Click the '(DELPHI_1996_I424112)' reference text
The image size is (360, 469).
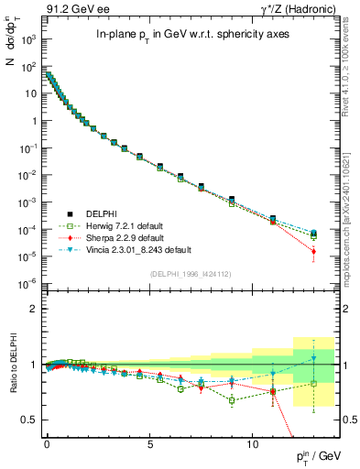click(x=180, y=272)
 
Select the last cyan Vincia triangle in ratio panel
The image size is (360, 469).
click(x=314, y=357)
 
